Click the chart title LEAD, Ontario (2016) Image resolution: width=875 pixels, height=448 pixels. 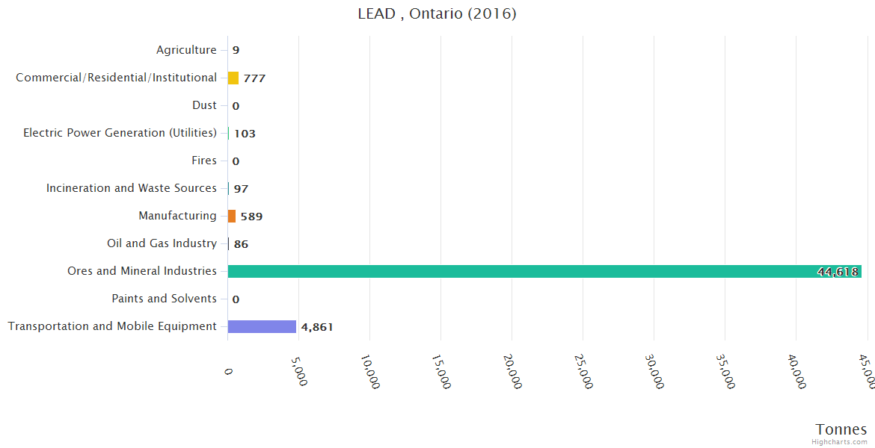pyautogui.click(x=437, y=13)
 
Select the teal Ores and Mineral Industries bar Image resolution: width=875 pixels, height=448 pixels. pyautogui.click(x=544, y=271)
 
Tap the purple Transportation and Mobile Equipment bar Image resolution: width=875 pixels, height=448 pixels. pyautogui.click(x=262, y=326)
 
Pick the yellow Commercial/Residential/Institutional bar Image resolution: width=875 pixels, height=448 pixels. pyautogui.click(x=233, y=78)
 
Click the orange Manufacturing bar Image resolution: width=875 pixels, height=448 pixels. pyautogui.click(x=232, y=216)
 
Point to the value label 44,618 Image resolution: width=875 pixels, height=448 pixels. pyautogui.click(x=838, y=272)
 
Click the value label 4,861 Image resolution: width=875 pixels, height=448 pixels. pyautogui.click(x=317, y=327)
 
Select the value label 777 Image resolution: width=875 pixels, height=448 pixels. pyautogui.click(x=254, y=78)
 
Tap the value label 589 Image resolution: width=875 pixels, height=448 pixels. pyautogui.click(x=251, y=217)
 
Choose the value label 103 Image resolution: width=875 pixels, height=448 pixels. pyautogui.click(x=245, y=134)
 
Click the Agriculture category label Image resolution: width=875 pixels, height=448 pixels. pyautogui.click(x=186, y=50)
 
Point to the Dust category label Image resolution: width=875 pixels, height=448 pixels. pyautogui.click(x=204, y=105)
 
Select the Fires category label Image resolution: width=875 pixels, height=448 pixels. pyautogui.click(x=204, y=161)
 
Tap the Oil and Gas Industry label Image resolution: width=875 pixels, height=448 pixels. pyautogui.click(x=162, y=243)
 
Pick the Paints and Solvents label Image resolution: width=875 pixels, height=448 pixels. pyautogui.click(x=164, y=299)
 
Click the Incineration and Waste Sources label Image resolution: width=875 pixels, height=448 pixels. pyautogui.click(x=132, y=188)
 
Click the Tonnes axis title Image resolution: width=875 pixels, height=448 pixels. pyautogui.click(x=841, y=429)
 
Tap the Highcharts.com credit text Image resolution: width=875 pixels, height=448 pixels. pyautogui.click(x=840, y=441)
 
